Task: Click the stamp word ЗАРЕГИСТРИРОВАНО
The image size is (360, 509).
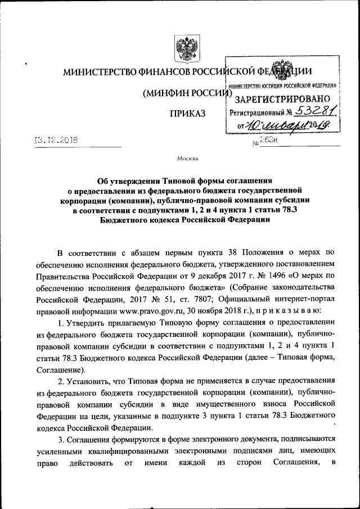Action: tap(281, 99)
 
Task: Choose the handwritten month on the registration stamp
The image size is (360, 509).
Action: tap(281, 125)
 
